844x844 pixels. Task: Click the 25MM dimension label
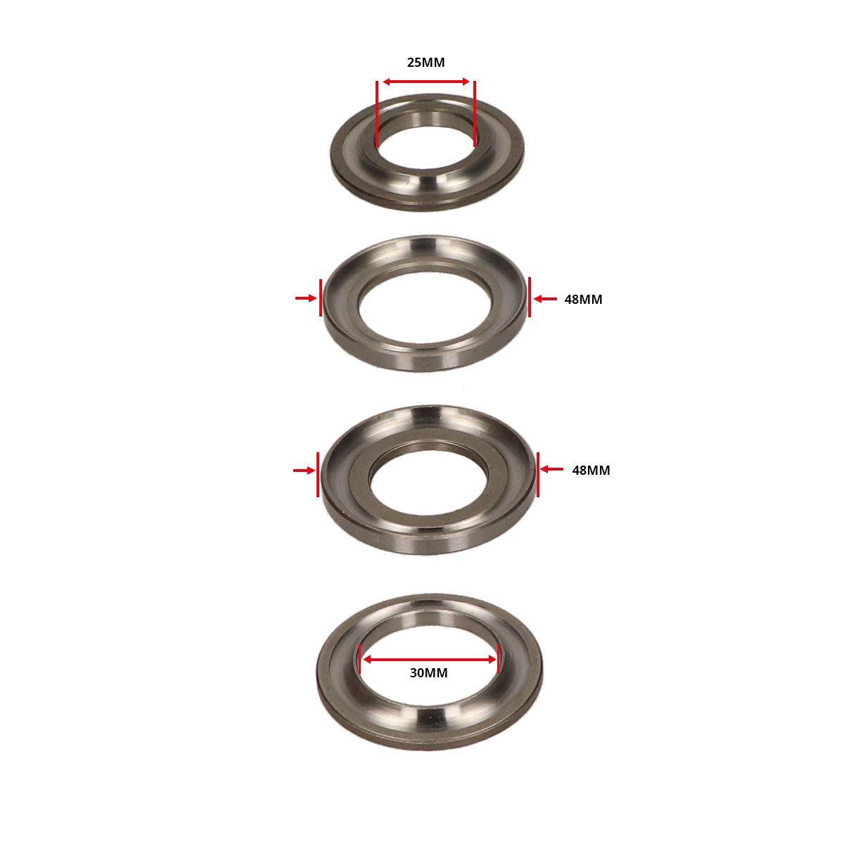pos(426,62)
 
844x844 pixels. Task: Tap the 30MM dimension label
pos(428,673)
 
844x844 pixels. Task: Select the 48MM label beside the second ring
pos(583,299)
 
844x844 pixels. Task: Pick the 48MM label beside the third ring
pos(591,470)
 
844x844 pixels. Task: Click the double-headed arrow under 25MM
pos(426,82)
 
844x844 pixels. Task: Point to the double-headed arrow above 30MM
pos(429,660)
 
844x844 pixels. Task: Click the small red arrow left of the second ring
pos(306,298)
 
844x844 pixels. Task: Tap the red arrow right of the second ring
pos(545,299)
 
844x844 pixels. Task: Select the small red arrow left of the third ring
pos(304,471)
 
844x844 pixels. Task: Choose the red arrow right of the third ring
pos(552,469)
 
